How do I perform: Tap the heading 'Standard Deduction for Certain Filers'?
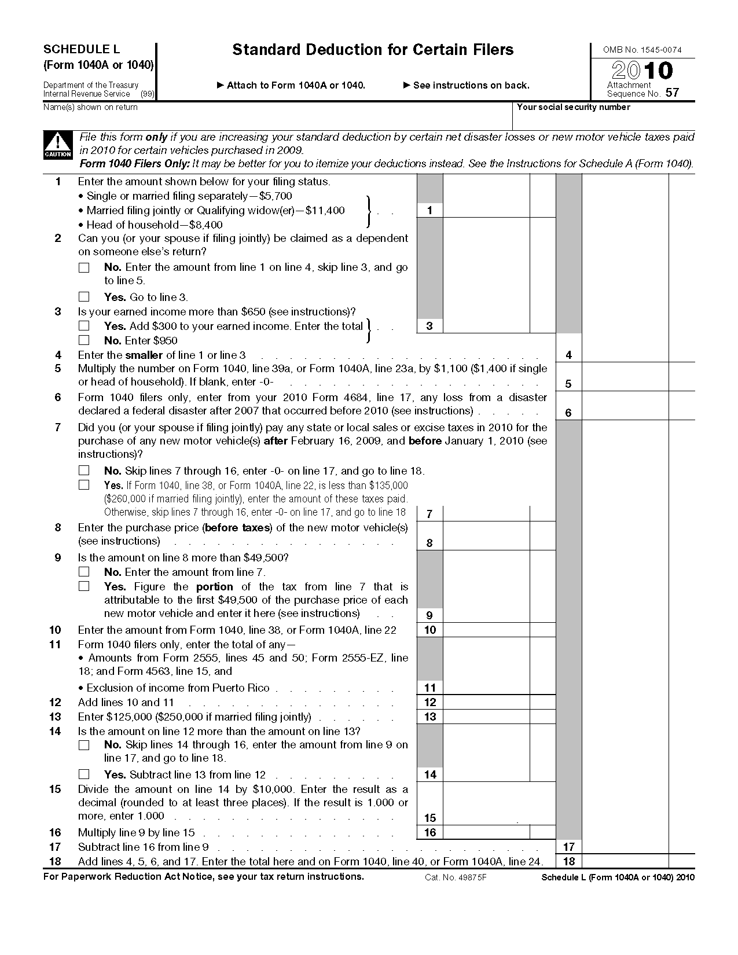pyautogui.click(x=373, y=50)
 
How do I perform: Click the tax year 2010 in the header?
pyautogui.click(x=642, y=71)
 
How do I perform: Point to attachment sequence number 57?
pyautogui.click(x=672, y=93)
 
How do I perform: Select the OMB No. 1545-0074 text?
pyautogui.click(x=642, y=50)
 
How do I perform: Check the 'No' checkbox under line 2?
pyautogui.click(x=85, y=267)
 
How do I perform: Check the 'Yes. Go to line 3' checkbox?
pyautogui.click(x=85, y=297)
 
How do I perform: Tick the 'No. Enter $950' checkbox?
pyautogui.click(x=85, y=340)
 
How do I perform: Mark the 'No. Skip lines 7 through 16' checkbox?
pyautogui.click(x=85, y=471)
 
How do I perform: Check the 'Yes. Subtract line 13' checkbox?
pyautogui.click(x=85, y=774)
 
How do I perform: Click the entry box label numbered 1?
pyautogui.click(x=429, y=211)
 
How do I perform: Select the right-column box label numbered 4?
pyautogui.click(x=568, y=355)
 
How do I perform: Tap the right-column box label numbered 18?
pyautogui.click(x=568, y=861)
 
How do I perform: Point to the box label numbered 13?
pyautogui.click(x=429, y=717)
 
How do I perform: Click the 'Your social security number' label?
pyautogui.click(x=573, y=107)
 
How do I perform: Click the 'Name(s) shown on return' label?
pyautogui.click(x=91, y=107)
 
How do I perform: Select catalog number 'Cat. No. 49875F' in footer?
pyautogui.click(x=456, y=877)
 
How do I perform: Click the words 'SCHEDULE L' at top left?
pyautogui.click(x=82, y=50)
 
